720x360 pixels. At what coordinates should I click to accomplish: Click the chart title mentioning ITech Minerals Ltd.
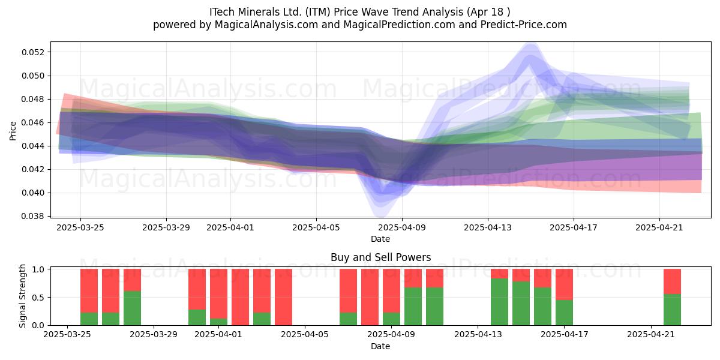[359, 12]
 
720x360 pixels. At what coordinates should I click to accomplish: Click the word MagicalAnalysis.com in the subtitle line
[266, 25]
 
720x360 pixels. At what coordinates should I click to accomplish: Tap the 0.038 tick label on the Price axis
[34, 216]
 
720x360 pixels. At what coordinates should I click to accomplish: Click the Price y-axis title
[13, 131]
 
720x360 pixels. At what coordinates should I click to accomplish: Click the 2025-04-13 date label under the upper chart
[488, 227]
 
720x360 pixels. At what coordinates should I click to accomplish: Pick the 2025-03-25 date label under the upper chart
[80, 227]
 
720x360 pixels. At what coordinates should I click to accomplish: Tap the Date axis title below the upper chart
[380, 239]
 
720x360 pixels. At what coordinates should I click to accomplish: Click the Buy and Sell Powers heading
[380, 257]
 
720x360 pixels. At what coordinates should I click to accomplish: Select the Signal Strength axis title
[22, 296]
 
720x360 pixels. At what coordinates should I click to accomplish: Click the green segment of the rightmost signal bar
[672, 310]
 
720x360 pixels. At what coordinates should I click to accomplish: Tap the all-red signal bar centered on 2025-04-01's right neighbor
[240, 297]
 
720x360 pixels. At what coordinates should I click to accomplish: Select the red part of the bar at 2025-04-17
[564, 284]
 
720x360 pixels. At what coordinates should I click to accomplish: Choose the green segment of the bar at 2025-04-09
[391, 319]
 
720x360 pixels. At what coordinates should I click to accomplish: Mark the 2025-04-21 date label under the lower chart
[651, 335]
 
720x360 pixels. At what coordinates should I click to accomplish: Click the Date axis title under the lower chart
[380, 346]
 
